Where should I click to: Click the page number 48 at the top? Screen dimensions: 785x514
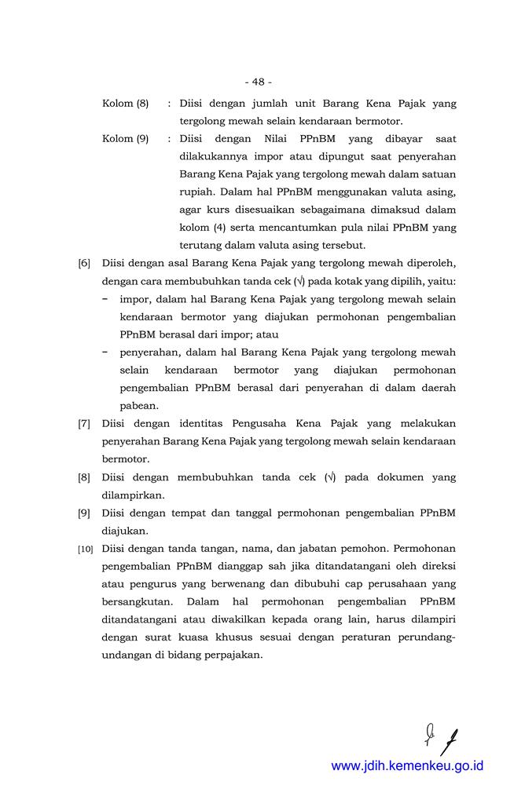click(x=258, y=82)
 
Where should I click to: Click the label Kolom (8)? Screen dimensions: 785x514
click(x=126, y=103)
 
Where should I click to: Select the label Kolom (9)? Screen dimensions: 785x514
click(x=126, y=139)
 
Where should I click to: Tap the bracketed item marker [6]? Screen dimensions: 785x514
click(x=83, y=264)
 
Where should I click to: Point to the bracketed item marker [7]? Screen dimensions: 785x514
click(x=83, y=424)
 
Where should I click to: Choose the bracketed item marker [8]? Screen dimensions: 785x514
click(x=83, y=477)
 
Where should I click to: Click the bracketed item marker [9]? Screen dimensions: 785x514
click(x=83, y=513)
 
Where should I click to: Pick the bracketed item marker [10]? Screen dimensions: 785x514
click(x=84, y=549)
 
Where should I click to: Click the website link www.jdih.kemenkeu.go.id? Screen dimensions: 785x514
click(x=407, y=765)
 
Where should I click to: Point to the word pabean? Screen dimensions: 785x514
click(x=140, y=406)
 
